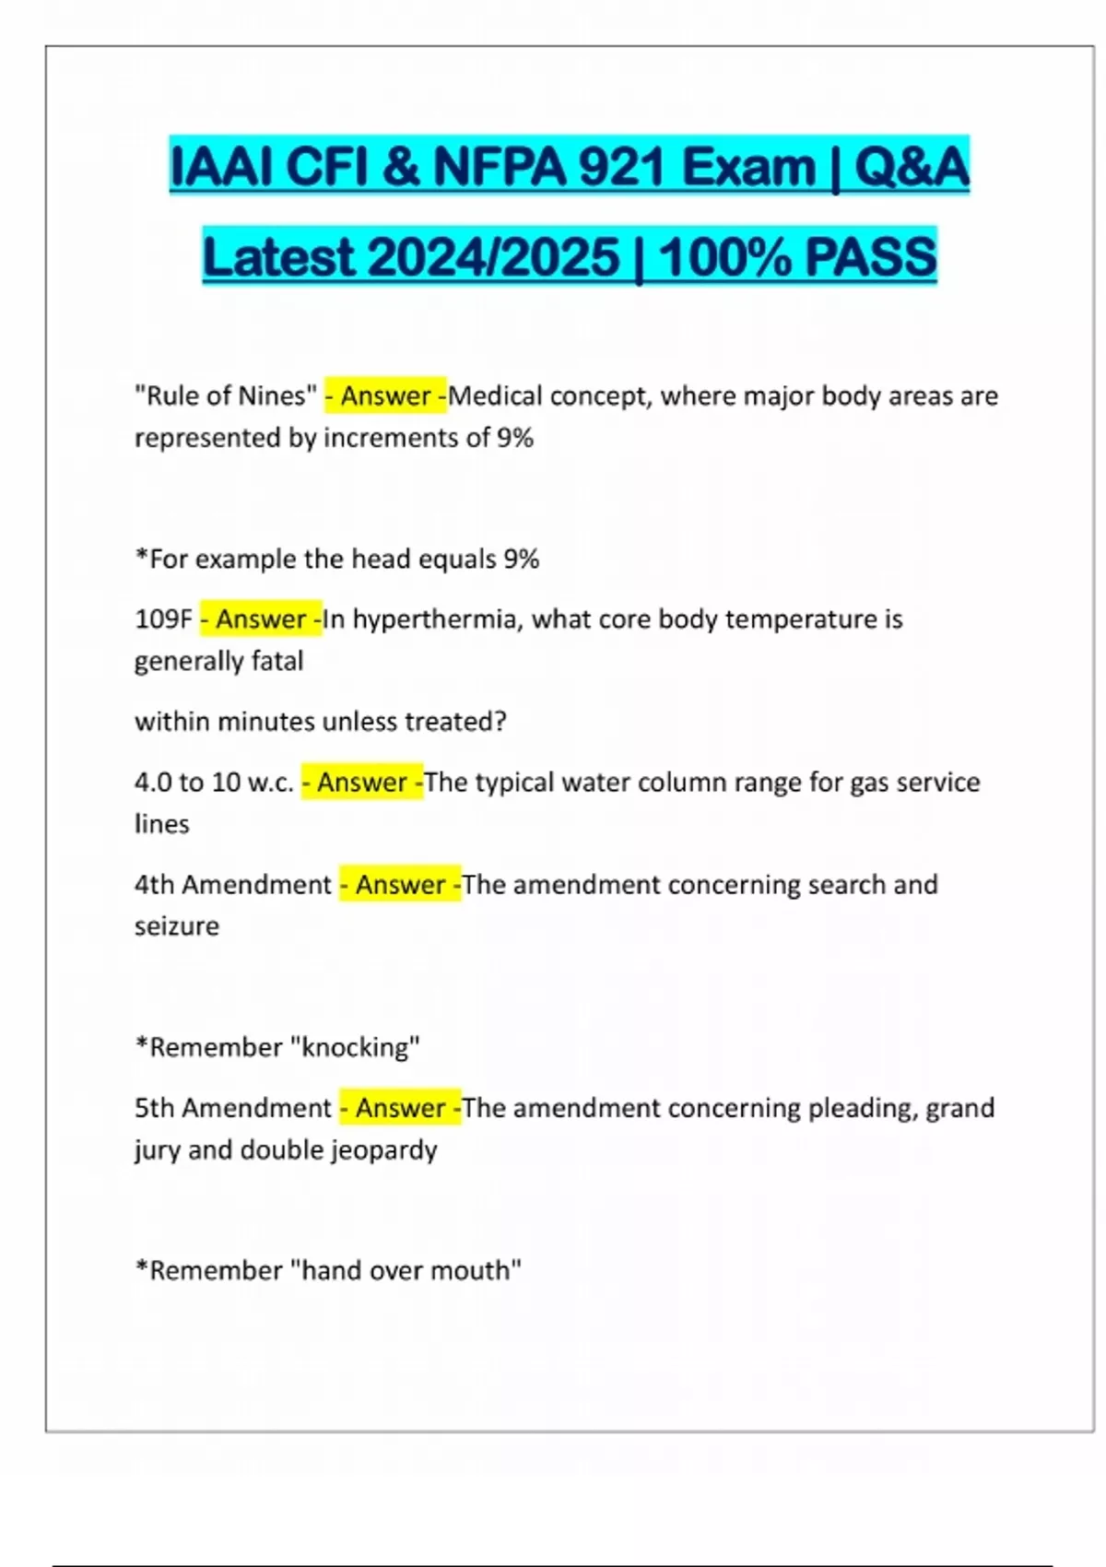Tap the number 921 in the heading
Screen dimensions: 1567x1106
pyautogui.click(x=623, y=167)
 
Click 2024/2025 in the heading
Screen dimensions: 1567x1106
pyautogui.click(x=494, y=256)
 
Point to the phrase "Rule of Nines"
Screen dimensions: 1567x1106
pyautogui.click(x=226, y=395)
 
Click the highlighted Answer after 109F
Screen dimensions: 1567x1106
pyautogui.click(x=261, y=619)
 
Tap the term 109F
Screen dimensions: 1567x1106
pyautogui.click(x=163, y=619)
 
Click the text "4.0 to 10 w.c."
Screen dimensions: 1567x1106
pyautogui.click(x=214, y=782)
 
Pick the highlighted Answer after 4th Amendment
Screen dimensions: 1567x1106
pyautogui.click(x=400, y=884)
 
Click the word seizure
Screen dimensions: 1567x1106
pyautogui.click(x=177, y=925)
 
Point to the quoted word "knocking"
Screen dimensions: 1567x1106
pyautogui.click(x=356, y=1047)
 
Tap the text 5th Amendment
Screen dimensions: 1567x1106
pyautogui.click(x=232, y=1107)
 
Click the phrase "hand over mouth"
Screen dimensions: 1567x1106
pyautogui.click(x=406, y=1270)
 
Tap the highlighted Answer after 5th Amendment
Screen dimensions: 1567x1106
pyautogui.click(x=400, y=1107)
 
